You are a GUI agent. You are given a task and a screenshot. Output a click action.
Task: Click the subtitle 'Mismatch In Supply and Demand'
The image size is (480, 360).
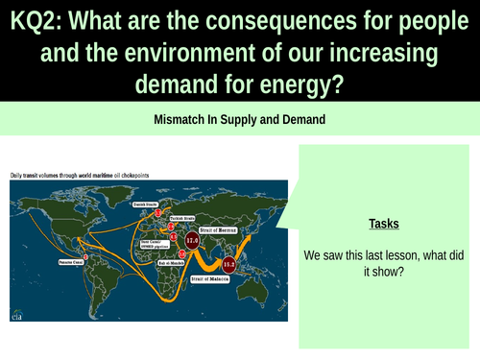[239, 122]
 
